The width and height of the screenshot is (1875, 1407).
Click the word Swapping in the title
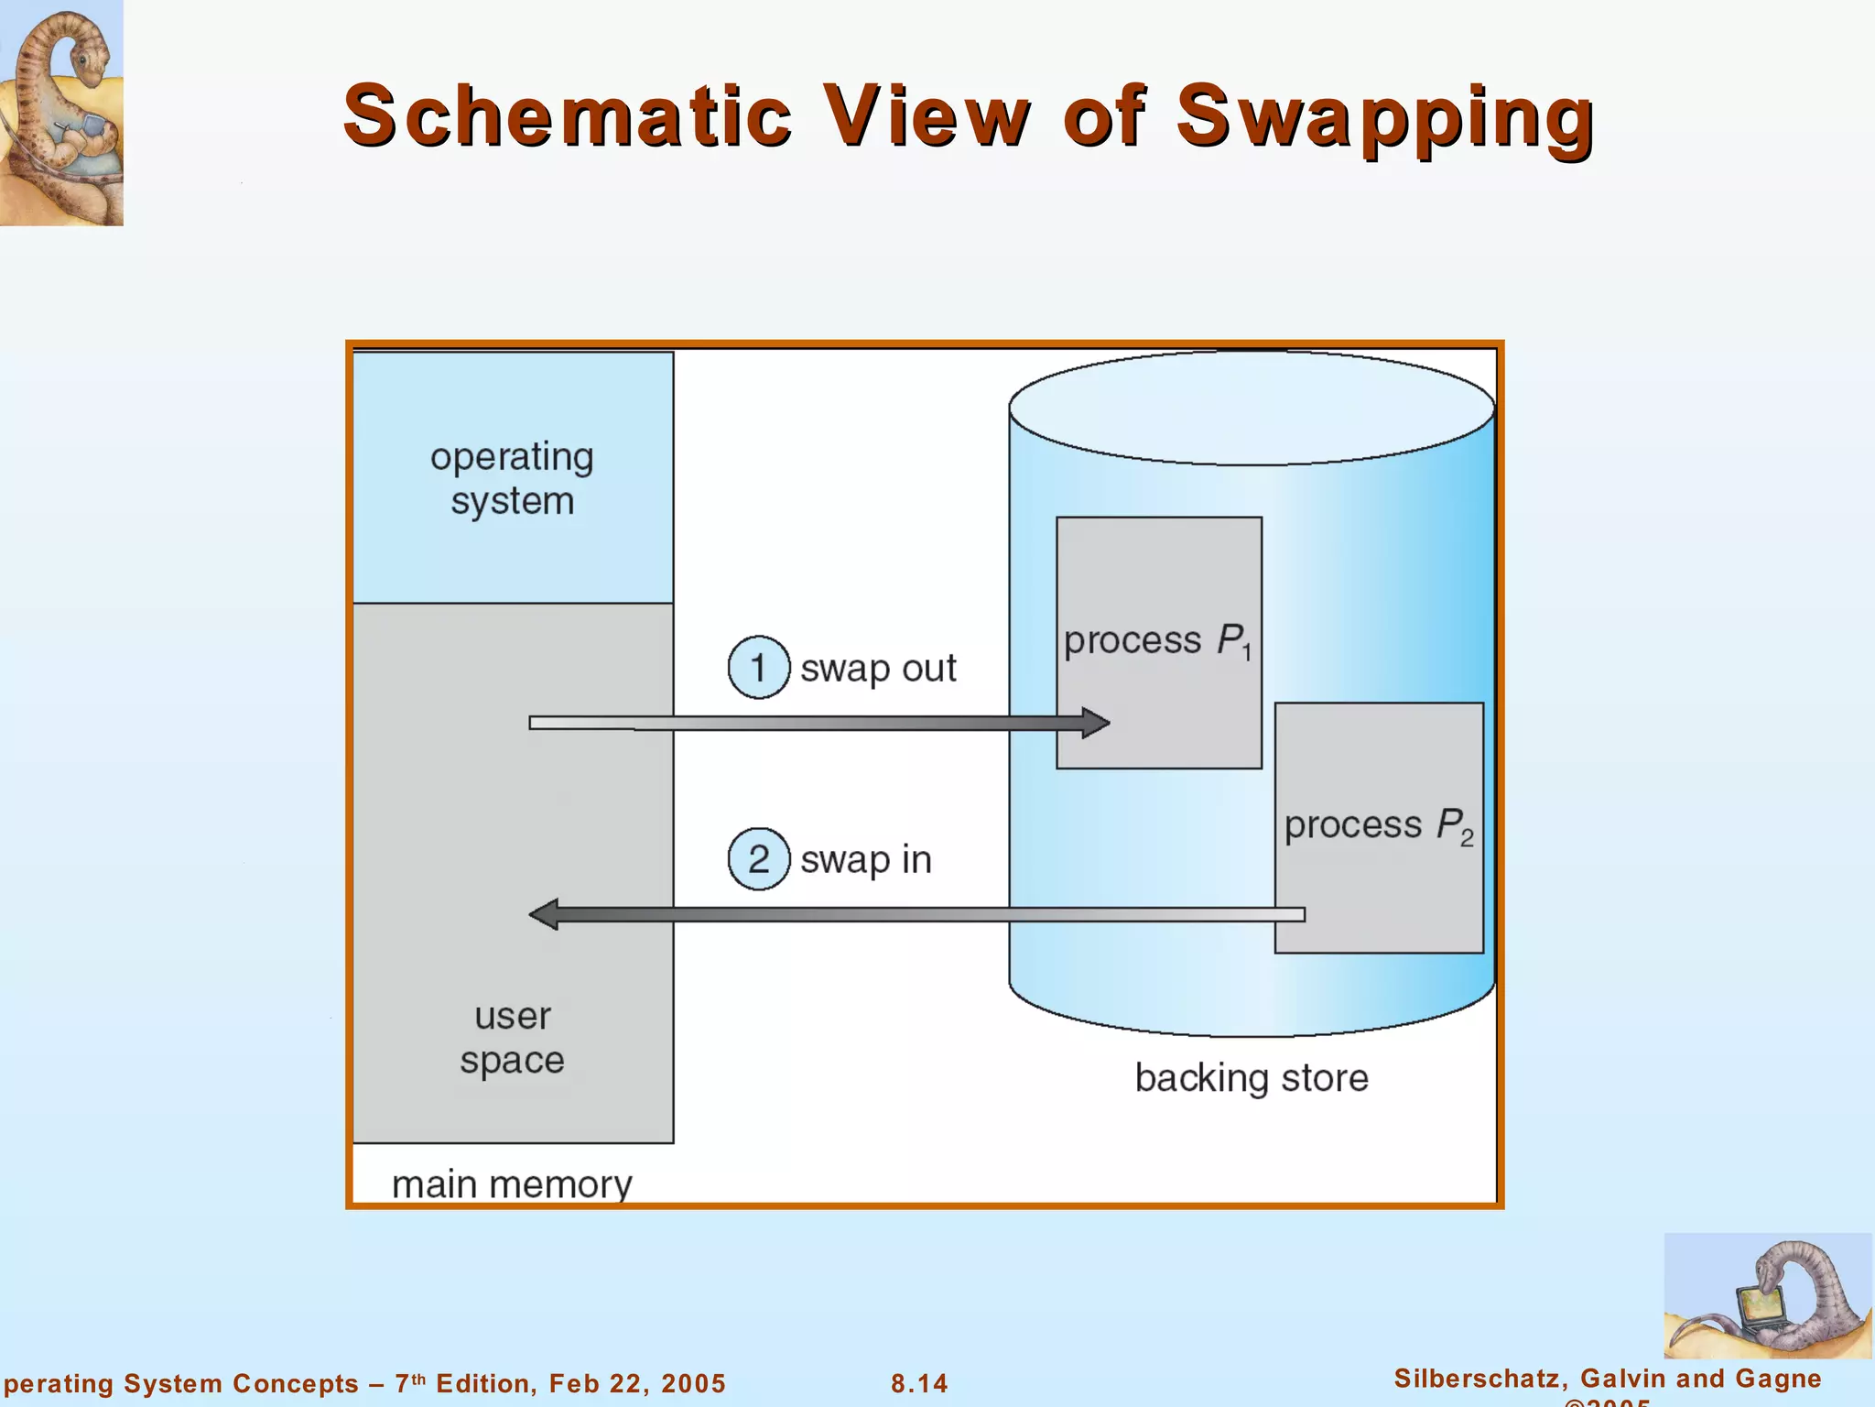click(x=1384, y=116)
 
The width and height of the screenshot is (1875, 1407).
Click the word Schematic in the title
click(x=568, y=116)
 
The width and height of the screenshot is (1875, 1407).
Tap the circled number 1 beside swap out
click(x=758, y=668)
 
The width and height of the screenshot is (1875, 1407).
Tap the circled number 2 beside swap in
click(x=758, y=859)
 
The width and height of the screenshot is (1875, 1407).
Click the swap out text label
click(x=878, y=669)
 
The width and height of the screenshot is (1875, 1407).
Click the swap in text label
click(x=865, y=860)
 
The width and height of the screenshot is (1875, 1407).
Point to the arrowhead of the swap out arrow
click(x=1095, y=723)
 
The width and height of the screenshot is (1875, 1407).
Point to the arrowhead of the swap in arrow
click(x=545, y=914)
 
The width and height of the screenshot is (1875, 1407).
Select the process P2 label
click(x=1378, y=825)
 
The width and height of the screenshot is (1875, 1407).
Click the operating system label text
click(x=512, y=478)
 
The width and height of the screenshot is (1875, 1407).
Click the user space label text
click(x=512, y=1038)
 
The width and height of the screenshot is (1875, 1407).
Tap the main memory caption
click(x=512, y=1184)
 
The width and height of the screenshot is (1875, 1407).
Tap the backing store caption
click(x=1252, y=1078)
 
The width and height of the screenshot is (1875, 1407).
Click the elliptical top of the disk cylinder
click(x=1252, y=408)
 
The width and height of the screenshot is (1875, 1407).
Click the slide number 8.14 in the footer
click(x=919, y=1383)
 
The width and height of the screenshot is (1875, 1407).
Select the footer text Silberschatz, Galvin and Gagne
click(x=1607, y=1379)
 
